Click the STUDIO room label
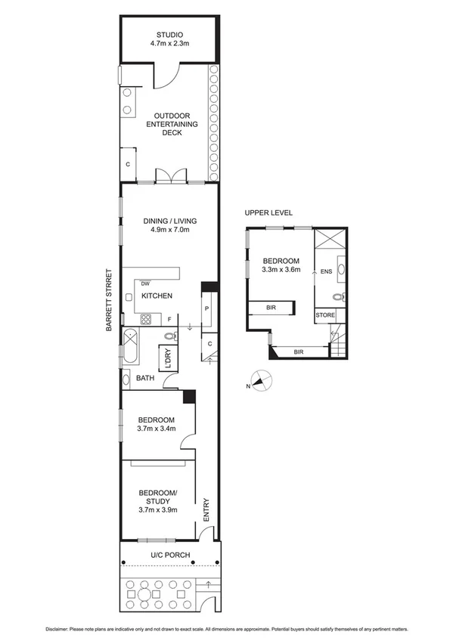[x=169, y=36]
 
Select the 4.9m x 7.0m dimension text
[x=169, y=231]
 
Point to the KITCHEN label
[x=157, y=296]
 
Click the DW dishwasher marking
[x=145, y=283]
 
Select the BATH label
[x=145, y=379]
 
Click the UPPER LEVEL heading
[x=268, y=213]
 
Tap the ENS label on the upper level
[x=326, y=271]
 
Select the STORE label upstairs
[x=325, y=315]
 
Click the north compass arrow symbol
[x=259, y=382]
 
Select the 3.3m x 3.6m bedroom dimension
[x=281, y=268]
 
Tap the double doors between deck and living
[x=170, y=176]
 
